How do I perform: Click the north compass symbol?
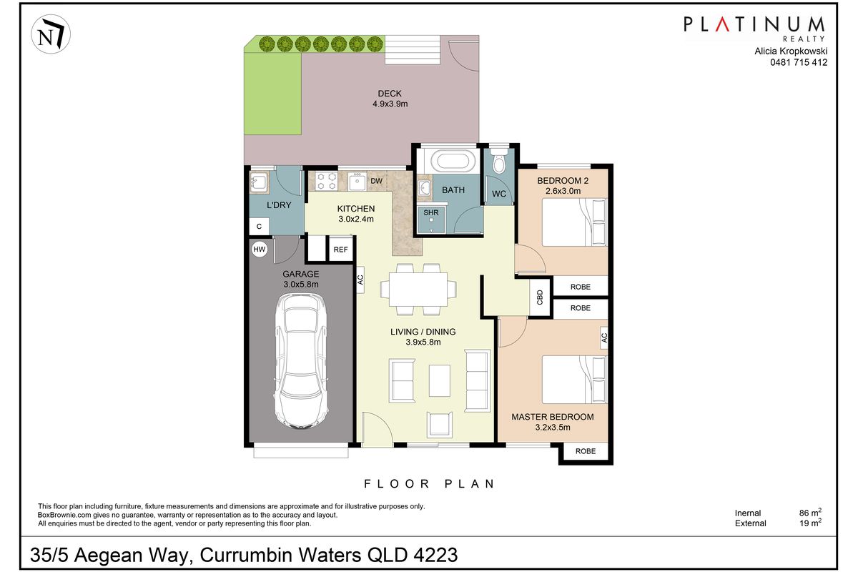point(49,36)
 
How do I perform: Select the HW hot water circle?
point(259,250)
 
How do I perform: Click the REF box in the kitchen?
point(340,250)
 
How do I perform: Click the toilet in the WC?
point(500,162)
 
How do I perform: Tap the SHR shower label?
point(430,212)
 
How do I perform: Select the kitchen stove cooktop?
point(327,182)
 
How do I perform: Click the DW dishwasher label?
point(376,181)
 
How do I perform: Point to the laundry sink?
point(258,182)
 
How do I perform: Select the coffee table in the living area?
point(439,377)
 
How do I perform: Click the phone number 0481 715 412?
point(798,62)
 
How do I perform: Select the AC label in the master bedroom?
point(603,337)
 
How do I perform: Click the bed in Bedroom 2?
point(573,222)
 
